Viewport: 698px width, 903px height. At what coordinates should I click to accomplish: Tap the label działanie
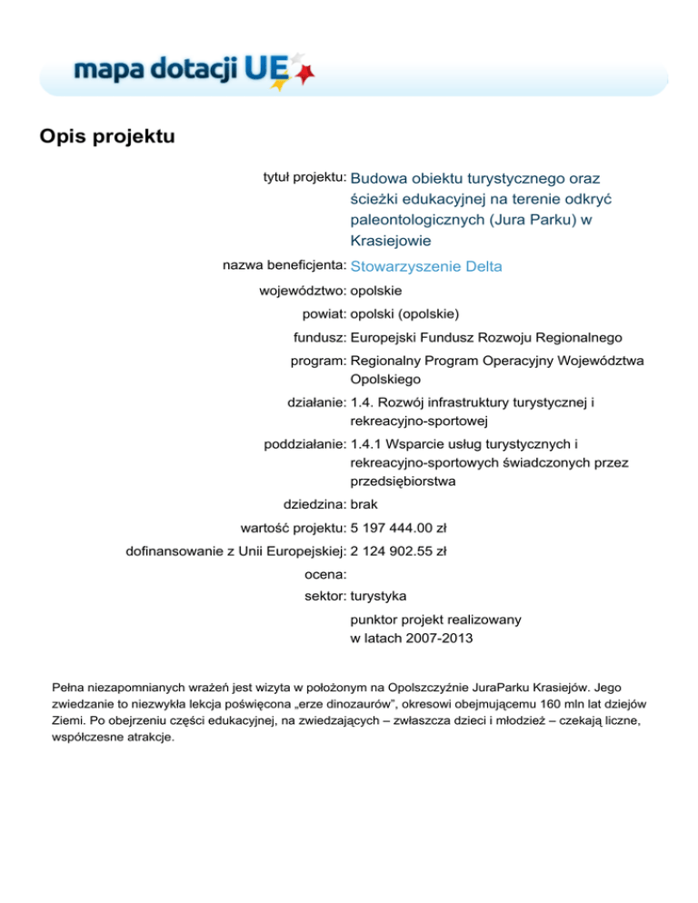pyautogui.click(x=314, y=400)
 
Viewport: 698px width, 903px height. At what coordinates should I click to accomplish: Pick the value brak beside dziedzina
pyautogui.click(x=364, y=503)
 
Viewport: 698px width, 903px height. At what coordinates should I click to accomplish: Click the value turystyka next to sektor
pyautogui.click(x=379, y=596)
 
